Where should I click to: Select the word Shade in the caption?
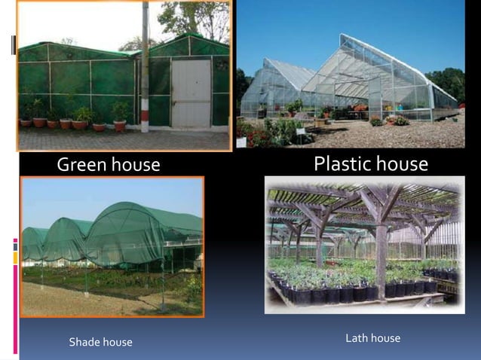click(84, 343)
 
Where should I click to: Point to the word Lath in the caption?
click(357, 338)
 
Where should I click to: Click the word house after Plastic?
click(403, 163)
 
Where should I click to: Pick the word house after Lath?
click(385, 338)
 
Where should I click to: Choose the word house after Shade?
click(116, 343)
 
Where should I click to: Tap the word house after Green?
click(135, 164)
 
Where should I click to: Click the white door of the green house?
click(191, 93)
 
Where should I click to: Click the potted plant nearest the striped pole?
click(120, 117)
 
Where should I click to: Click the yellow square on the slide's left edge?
click(14, 258)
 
